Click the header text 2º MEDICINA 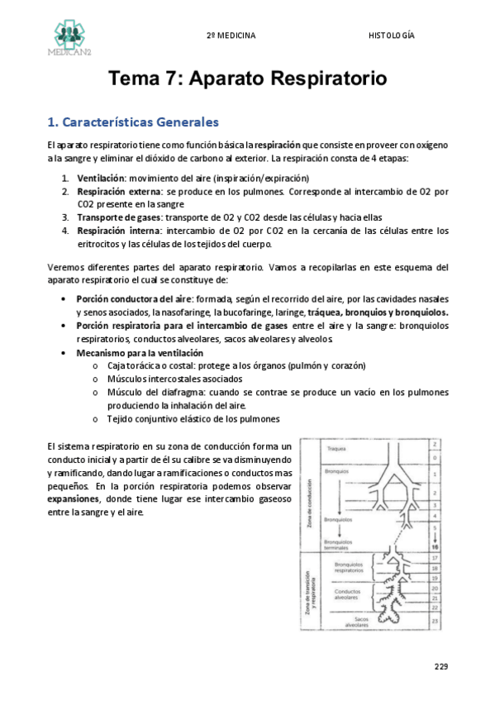[231, 36]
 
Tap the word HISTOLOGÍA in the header [392, 36]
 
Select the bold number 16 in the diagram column [436, 547]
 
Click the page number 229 [440, 666]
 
